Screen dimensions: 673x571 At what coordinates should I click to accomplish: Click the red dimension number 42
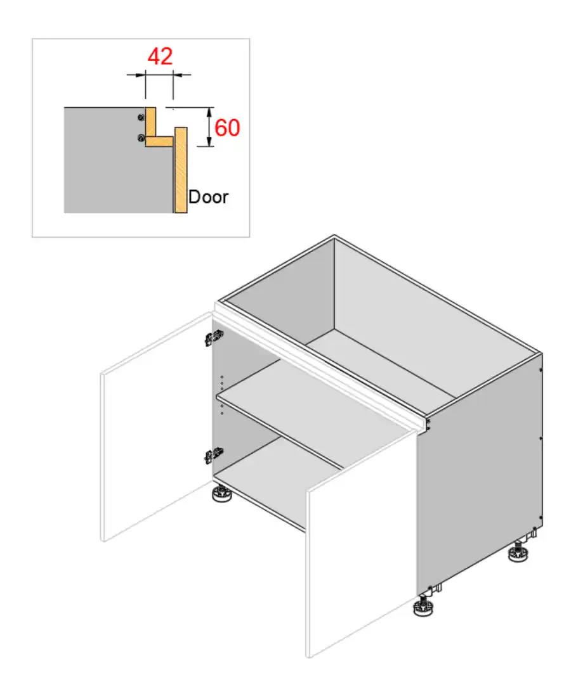(x=160, y=56)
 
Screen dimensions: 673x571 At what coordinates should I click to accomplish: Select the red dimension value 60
(x=227, y=128)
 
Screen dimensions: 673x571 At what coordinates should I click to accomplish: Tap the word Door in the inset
(x=208, y=196)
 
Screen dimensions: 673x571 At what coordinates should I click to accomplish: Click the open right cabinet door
(x=362, y=539)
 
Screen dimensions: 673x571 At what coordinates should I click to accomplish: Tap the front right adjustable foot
(x=423, y=606)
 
